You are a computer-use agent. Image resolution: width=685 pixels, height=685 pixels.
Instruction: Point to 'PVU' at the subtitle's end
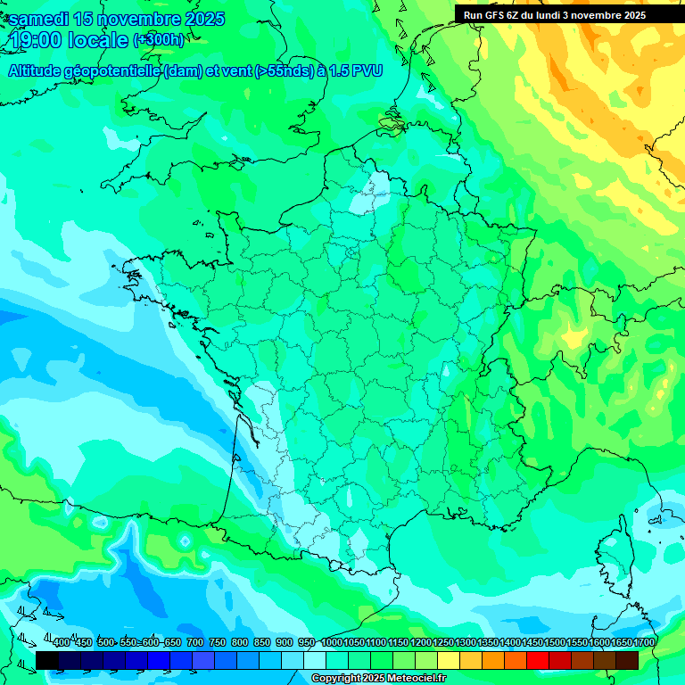click(x=367, y=71)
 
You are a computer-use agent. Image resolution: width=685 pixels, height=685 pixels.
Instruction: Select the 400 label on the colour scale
click(x=62, y=642)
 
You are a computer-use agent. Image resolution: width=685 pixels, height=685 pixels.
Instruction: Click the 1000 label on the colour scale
click(x=332, y=642)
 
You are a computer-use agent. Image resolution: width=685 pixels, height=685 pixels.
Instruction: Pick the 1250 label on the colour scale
click(x=443, y=642)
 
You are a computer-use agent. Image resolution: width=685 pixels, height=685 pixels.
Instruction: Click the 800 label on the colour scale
click(x=240, y=642)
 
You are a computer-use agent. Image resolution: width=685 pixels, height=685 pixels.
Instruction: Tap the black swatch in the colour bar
click(x=47, y=660)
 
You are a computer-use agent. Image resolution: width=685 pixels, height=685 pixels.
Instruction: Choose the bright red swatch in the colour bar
click(x=538, y=660)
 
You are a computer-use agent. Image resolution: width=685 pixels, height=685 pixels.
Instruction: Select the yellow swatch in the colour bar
click(x=449, y=660)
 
